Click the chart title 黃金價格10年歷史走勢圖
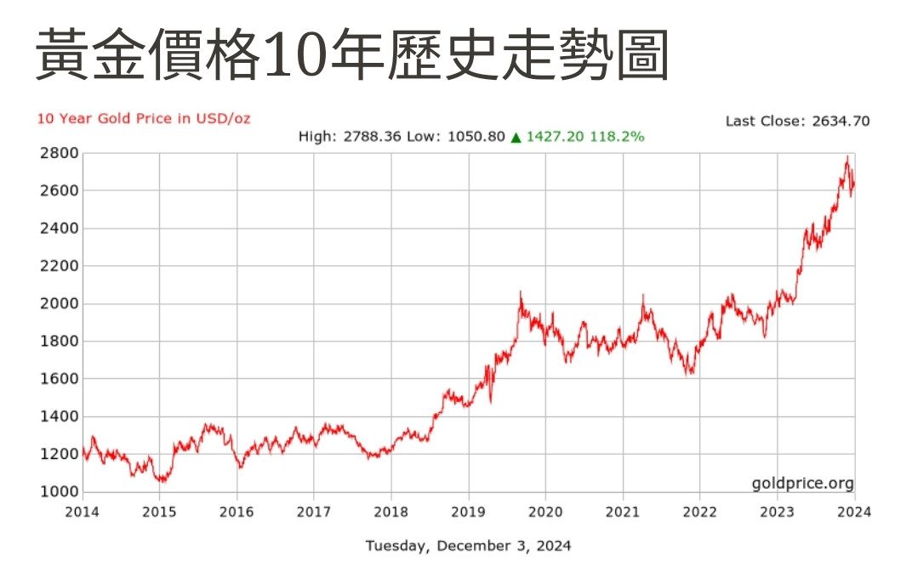coord(351,56)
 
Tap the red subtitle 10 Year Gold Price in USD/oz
coord(144,118)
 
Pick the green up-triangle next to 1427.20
coord(516,137)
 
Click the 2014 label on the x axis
coord(83,512)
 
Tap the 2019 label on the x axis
coord(469,512)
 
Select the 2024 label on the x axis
coord(854,512)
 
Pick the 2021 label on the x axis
coord(623,512)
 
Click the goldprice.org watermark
coord(802,484)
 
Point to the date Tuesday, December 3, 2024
coord(469,546)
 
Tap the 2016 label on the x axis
coord(237,512)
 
